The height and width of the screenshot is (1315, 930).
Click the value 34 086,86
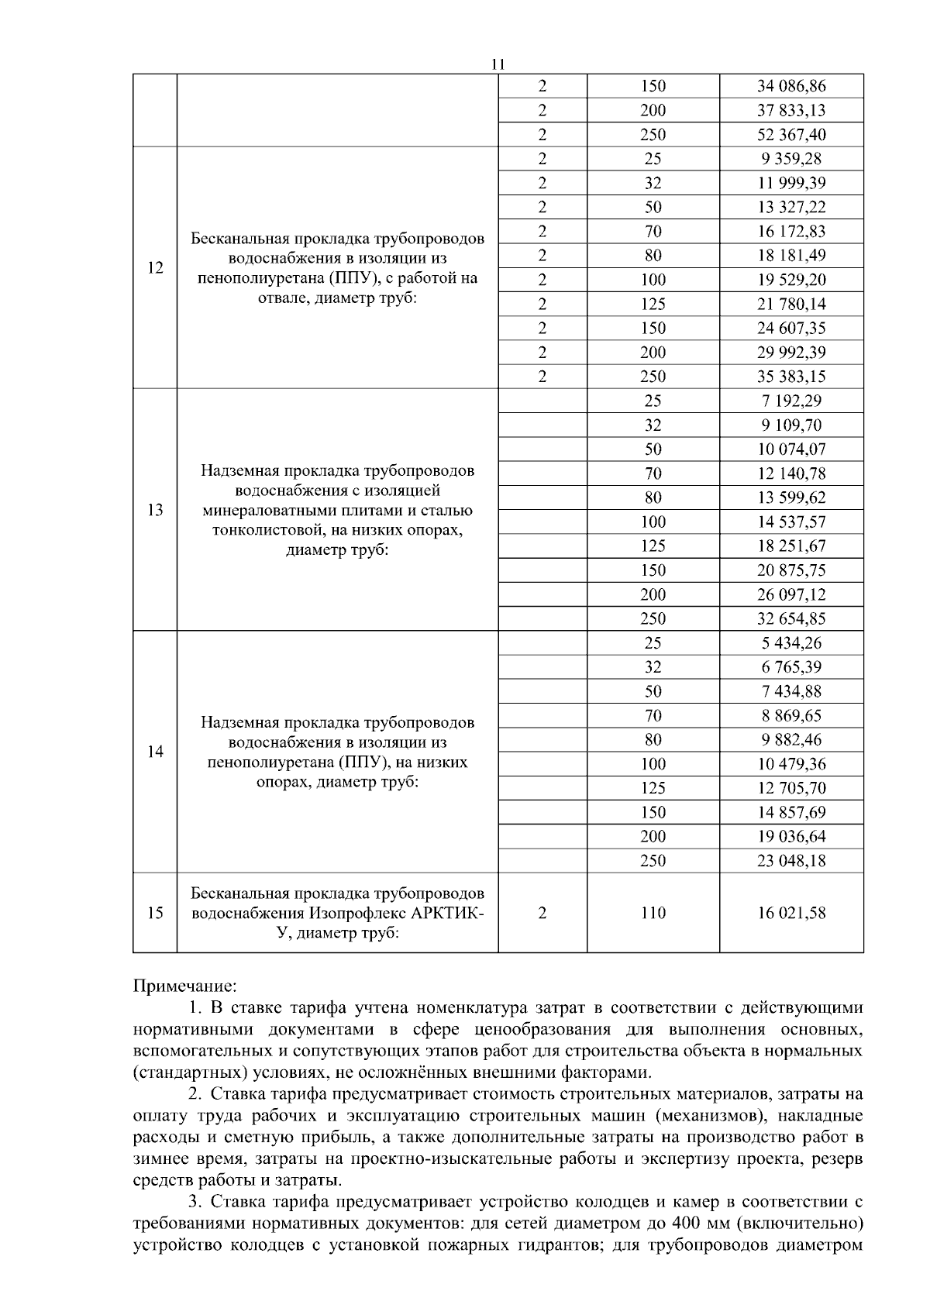coord(791,86)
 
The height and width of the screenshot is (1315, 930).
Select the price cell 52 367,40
coord(791,135)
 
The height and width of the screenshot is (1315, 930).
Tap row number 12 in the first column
coord(155,268)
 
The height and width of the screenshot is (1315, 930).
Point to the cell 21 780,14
coord(791,305)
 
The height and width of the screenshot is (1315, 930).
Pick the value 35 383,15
coord(791,377)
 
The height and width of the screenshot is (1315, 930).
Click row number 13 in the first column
coord(155,510)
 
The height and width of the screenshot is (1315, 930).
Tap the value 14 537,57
coord(791,522)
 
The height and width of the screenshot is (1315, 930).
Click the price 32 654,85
coord(791,619)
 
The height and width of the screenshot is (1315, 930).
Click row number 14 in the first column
coord(155,752)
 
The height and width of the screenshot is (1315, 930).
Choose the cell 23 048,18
coord(791,861)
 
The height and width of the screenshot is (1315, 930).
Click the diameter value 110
coord(653,914)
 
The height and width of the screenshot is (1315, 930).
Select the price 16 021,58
coord(791,914)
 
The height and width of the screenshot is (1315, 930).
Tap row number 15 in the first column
coord(155,914)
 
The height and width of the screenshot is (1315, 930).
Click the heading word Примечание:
coord(184,987)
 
